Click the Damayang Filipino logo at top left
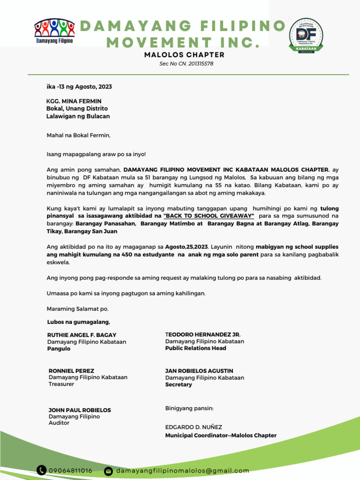(x=55, y=31)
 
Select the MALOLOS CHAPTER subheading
(x=184, y=55)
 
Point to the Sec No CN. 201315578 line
(x=186, y=64)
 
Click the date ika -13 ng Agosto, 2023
(x=79, y=87)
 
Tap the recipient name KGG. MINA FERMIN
(x=74, y=101)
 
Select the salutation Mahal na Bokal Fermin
(x=78, y=135)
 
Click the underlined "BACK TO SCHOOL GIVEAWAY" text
(x=209, y=215)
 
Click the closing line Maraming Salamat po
(x=77, y=309)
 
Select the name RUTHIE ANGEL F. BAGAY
(x=82, y=335)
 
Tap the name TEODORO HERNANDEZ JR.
(x=202, y=335)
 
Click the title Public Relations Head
(x=195, y=348)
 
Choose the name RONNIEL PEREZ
(x=71, y=371)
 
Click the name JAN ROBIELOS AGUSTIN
(x=199, y=371)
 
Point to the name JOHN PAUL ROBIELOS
(x=80, y=410)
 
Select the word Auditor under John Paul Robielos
(x=59, y=423)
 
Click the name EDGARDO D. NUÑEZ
(x=194, y=427)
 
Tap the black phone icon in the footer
(x=42, y=470)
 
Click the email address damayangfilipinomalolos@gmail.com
(x=182, y=471)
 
